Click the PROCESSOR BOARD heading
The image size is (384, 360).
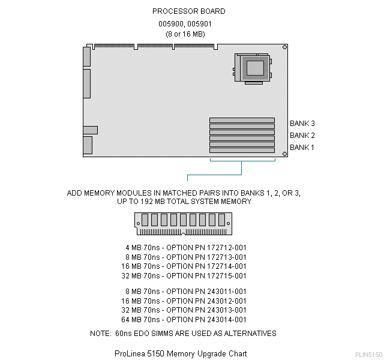[188, 11]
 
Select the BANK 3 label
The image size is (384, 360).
[302, 123]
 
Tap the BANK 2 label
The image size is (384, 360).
[302, 135]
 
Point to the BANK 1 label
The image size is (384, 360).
[302, 147]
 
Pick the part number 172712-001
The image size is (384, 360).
[223, 247]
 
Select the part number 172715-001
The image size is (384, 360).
[223, 276]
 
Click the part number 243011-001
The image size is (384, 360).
[223, 291]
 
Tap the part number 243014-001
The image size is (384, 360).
[223, 320]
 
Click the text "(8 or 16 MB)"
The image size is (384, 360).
[185, 34]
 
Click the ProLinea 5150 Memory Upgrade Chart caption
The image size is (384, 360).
[180, 353]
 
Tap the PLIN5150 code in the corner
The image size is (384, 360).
[368, 355]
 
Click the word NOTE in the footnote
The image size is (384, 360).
[100, 333]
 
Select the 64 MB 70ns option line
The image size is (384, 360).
[186, 320]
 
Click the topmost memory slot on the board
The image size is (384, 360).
[242, 121]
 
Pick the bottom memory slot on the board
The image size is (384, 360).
[242, 151]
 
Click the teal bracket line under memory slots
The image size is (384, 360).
[242, 167]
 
